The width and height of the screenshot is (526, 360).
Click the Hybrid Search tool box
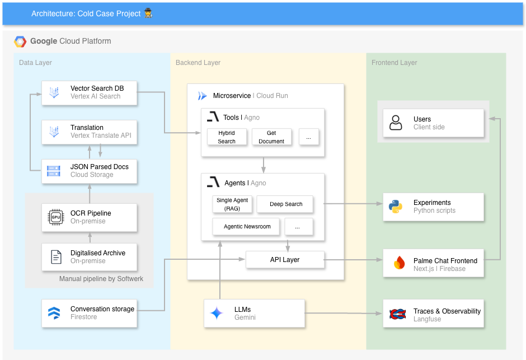coord(227,137)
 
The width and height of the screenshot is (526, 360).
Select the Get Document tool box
coord(271,137)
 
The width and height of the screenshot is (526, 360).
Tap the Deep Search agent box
coord(285,204)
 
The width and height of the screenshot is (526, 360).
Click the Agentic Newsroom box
coord(247,227)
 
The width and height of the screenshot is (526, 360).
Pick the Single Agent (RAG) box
coord(232,204)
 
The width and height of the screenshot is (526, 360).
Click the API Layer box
coord(285,260)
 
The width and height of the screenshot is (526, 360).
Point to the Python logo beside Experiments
coord(396,207)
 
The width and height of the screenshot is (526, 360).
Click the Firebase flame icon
coord(399,263)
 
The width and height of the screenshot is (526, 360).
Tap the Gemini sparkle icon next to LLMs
coord(217,313)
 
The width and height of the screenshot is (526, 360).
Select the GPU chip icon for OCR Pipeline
coord(56,217)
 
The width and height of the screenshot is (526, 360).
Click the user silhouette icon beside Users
coord(396,123)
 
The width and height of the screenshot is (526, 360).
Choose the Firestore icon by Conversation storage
coord(54,313)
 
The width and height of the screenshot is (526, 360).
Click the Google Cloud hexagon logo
coord(20,41)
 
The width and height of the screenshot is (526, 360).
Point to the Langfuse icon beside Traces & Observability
coord(397,314)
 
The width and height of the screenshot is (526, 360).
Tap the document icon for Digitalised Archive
coord(56,257)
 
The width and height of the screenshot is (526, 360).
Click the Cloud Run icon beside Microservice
coord(202,96)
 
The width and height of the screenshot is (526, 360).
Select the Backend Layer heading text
coord(198,63)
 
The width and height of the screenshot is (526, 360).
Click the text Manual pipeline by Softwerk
coord(101,279)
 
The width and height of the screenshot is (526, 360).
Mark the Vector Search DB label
coord(97,88)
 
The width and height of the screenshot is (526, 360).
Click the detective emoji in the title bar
coord(148,13)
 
